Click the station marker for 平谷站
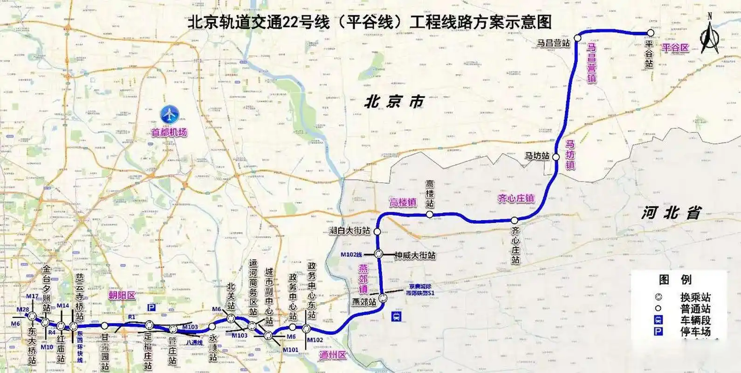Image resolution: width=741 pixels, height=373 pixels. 650,33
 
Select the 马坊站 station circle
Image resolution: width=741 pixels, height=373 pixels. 556,157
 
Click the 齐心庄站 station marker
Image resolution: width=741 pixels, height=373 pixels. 515,220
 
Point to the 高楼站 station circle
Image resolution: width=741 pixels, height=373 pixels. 430,214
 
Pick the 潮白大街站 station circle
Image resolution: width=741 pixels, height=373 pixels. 377,231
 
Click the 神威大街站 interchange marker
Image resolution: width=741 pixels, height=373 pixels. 379,254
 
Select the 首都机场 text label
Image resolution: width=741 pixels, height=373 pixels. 169,132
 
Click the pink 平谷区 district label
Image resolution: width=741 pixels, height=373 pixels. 675,48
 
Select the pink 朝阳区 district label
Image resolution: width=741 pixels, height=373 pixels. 122,296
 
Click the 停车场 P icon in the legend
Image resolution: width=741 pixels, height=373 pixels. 659,332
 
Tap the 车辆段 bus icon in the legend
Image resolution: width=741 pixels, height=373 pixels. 659,320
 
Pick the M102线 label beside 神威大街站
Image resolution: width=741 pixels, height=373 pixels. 351,255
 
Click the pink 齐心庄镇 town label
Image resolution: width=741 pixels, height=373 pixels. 516,199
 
